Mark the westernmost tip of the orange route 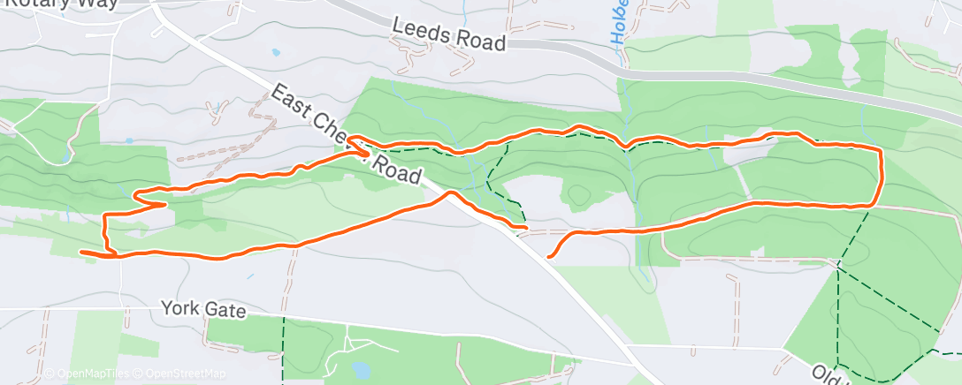81,252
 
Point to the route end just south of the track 550,256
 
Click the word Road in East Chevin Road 398,168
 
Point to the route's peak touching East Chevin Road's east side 452,192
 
